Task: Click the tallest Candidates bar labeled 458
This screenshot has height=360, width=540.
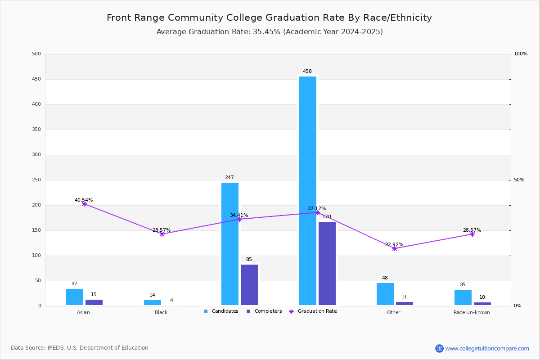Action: (308, 191)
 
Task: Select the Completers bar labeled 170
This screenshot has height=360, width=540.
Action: (327, 264)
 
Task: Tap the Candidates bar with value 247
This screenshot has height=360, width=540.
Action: (230, 244)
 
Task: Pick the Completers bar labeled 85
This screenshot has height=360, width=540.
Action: (249, 285)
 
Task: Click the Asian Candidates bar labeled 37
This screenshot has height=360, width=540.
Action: (75, 297)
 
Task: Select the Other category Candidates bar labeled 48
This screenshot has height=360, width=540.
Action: (385, 294)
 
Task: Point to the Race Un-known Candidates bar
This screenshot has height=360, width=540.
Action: (463, 297)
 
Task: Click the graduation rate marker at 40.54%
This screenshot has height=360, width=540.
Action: (84, 204)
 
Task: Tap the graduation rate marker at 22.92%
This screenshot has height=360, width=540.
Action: (394, 248)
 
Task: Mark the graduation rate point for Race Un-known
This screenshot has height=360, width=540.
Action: (472, 234)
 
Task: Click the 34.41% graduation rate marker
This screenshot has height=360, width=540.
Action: (239, 220)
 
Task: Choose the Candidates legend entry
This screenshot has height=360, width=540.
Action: (221, 311)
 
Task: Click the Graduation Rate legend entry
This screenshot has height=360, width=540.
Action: (313, 311)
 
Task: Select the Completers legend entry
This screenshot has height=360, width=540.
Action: (264, 311)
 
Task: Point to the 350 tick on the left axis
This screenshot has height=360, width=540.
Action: (36, 130)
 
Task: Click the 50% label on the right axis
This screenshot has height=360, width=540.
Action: (519, 180)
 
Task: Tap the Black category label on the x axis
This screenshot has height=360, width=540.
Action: (161, 312)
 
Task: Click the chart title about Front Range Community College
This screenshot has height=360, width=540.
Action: (269, 18)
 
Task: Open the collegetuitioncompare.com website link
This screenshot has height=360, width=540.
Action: (487, 348)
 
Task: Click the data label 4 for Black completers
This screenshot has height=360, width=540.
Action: (171, 300)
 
